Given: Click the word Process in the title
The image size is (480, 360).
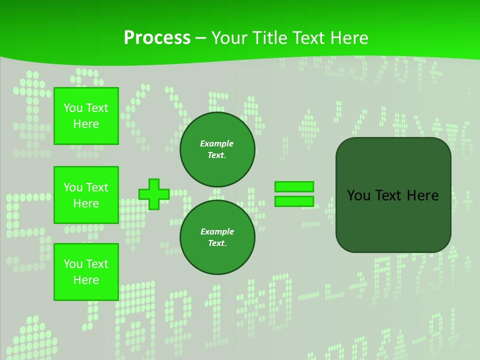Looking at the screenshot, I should point(157,38).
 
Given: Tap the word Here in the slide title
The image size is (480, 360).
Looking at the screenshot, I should point(348,38).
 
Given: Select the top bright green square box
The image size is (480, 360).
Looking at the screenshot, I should point(86,116).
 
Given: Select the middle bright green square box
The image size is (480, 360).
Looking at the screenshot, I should point(86,195).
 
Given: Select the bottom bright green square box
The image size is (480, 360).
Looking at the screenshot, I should point(86,271).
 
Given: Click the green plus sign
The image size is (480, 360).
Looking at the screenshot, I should point(153,194).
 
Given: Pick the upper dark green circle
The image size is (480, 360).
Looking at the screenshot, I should point(217,149).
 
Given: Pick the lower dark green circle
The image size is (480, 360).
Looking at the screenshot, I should point(217,237).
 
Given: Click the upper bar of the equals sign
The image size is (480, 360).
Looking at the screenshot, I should point(294,186).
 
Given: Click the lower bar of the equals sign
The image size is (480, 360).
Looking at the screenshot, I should point(294,201).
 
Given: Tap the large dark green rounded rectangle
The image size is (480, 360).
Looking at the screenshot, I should point(393,220).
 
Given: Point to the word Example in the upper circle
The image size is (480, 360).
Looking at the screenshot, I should point(217,143).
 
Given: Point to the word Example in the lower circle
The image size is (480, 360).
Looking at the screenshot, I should point(217,231).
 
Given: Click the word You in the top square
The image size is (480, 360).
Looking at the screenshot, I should point(72,108).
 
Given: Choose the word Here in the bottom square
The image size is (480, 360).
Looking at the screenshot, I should point(86,280).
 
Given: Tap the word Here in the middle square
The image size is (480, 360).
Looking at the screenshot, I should point(86,203).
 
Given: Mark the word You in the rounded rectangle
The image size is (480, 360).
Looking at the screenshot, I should point(358,195).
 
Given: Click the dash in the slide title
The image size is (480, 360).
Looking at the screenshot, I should point(200,38).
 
